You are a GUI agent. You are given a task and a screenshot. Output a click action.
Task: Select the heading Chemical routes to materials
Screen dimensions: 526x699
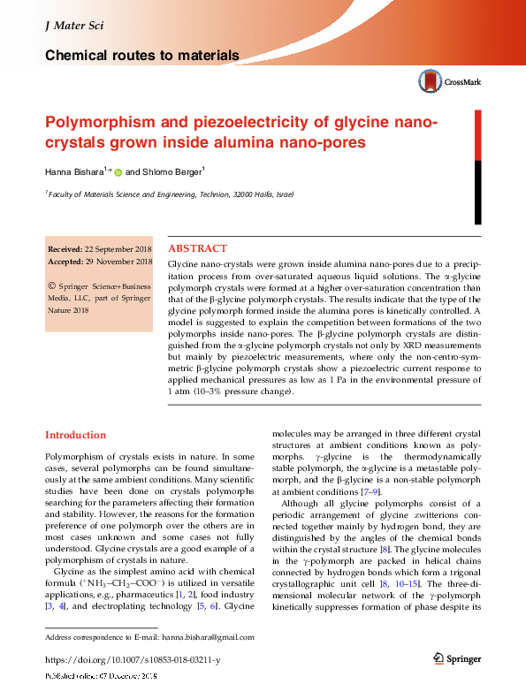pos(141,56)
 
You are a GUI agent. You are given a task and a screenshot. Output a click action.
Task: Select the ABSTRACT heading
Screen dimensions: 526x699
pos(196,248)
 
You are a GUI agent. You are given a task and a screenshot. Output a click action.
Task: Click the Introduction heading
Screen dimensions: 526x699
pos(75,435)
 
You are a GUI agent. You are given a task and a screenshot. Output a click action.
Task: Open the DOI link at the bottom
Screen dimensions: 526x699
pos(132,659)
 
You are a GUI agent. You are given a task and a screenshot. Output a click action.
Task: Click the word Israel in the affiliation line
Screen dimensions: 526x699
pos(283,194)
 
